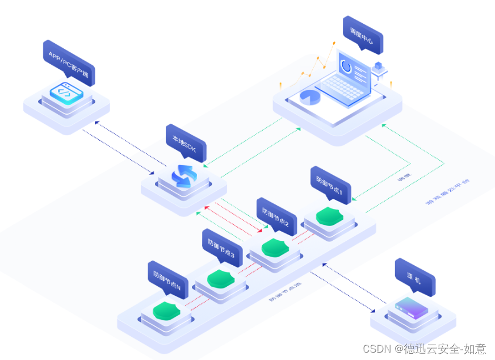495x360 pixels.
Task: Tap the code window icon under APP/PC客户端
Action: click(66, 91)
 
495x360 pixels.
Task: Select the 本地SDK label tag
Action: click(185, 142)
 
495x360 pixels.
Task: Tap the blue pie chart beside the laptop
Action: click(310, 97)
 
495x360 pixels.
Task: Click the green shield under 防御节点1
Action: click(330, 216)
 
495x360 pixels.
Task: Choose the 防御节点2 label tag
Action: click(276, 216)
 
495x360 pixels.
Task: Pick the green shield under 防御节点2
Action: click(275, 248)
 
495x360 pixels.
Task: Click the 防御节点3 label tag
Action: click(221, 247)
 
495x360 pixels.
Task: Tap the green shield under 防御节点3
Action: click(220, 279)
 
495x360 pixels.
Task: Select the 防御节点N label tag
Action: click(167, 279)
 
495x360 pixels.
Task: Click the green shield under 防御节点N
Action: click(167, 311)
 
